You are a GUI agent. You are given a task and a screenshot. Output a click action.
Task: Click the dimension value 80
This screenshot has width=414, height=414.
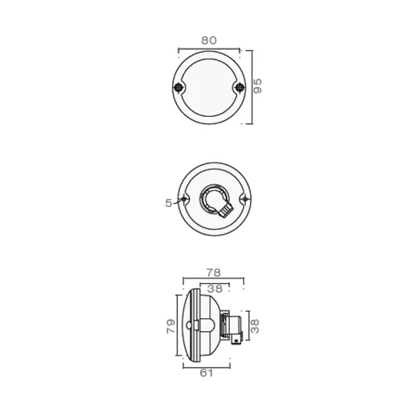(209, 39)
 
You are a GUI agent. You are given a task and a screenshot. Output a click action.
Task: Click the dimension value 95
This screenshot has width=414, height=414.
(259, 87)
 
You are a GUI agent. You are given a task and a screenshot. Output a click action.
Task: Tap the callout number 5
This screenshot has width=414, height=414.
(169, 203)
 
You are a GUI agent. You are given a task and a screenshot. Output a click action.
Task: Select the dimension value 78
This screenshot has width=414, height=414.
(213, 273)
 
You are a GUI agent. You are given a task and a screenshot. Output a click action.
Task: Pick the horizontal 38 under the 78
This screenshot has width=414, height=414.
(214, 289)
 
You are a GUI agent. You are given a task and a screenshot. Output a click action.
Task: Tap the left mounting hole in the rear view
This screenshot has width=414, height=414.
(186, 199)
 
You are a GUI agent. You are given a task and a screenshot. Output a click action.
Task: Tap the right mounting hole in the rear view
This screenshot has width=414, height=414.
(247, 199)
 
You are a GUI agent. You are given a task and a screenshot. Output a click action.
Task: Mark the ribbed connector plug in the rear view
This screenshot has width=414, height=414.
(225, 211)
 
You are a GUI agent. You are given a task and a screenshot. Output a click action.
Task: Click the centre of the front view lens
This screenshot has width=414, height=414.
(209, 88)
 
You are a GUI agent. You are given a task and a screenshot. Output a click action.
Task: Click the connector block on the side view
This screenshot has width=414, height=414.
(235, 326)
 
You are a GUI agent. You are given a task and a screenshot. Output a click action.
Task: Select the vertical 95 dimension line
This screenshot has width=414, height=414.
(251, 88)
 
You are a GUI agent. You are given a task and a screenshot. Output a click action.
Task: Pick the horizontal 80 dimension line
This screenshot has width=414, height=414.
(209, 49)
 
